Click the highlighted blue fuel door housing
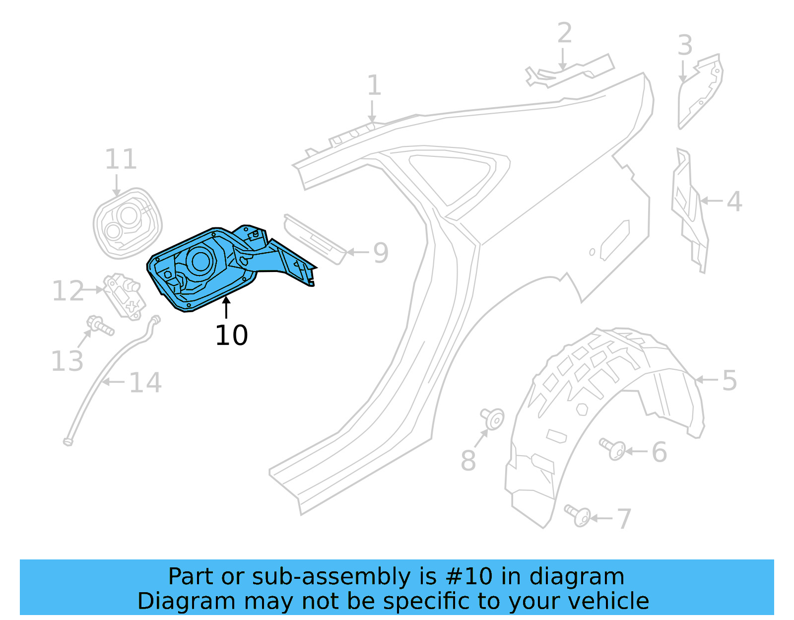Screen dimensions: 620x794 tap(208, 268)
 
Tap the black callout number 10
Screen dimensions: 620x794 tap(231, 336)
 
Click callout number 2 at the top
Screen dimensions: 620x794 tap(564, 33)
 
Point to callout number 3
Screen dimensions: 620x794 tap(685, 46)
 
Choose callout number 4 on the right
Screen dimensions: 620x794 tap(734, 202)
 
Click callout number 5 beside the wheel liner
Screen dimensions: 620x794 tap(729, 381)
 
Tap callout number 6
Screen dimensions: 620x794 tap(659, 452)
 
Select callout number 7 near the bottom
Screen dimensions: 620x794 tap(623, 519)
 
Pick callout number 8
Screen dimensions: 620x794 tap(468, 461)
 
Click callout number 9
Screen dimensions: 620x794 tap(381, 253)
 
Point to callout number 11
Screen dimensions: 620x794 tap(121, 159)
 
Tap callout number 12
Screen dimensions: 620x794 tap(68, 291)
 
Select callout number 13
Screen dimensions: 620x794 tap(67, 361)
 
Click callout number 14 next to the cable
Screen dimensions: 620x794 tap(145, 383)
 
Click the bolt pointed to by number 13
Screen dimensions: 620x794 tap(99, 325)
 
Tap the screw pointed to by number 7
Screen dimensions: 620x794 tap(578, 515)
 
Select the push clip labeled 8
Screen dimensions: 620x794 tap(493, 418)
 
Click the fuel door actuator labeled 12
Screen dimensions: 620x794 tap(124, 295)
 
